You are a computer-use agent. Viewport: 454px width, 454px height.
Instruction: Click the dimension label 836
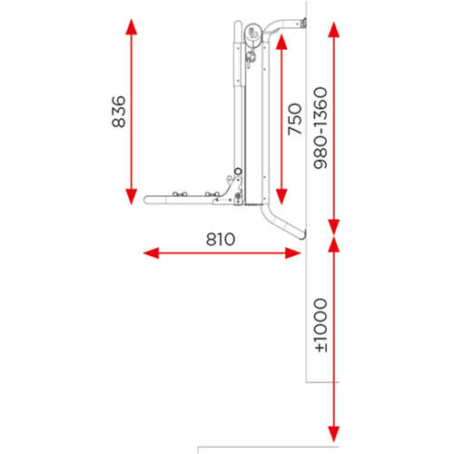click(x=119, y=112)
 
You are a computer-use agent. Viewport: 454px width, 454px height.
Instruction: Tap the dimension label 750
click(x=295, y=119)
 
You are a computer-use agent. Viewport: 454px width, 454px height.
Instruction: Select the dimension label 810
click(x=221, y=240)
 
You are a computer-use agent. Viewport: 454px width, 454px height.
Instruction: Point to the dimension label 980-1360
click(x=321, y=128)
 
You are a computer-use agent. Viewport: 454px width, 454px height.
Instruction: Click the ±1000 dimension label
click(x=321, y=325)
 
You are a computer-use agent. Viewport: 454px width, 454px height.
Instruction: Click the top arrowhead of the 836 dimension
click(x=131, y=26)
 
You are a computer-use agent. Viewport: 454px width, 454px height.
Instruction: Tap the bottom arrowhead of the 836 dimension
click(x=131, y=197)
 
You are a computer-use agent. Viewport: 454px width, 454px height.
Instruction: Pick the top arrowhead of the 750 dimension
click(x=281, y=42)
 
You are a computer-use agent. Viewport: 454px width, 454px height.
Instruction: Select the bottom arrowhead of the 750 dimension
click(x=281, y=196)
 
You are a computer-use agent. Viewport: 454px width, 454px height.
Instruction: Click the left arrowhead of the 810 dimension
click(x=151, y=253)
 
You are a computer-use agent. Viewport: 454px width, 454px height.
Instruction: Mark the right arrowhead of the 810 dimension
click(x=292, y=253)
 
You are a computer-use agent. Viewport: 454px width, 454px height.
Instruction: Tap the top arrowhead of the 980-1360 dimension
click(x=333, y=30)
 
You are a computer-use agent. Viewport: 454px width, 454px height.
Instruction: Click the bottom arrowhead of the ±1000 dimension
click(x=333, y=434)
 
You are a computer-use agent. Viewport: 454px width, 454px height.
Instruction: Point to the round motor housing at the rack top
click(x=253, y=34)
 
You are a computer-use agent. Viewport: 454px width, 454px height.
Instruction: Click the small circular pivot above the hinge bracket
click(x=238, y=172)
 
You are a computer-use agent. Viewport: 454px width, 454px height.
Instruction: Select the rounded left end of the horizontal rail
click(x=146, y=200)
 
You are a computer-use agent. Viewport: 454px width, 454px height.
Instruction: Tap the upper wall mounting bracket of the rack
click(x=303, y=24)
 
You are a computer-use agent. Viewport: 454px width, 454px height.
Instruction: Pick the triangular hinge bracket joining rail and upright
click(x=232, y=191)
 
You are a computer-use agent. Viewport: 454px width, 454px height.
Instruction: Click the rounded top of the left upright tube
click(x=238, y=25)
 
